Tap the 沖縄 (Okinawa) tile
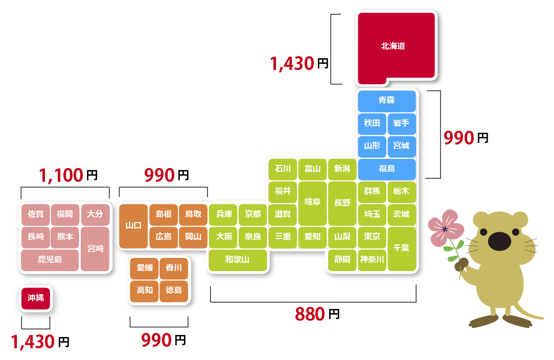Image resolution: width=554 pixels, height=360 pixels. (36, 298)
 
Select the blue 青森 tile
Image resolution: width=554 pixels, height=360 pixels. (386, 101)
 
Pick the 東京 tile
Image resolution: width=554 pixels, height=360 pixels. (372, 237)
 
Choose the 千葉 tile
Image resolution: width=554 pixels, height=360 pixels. (402, 249)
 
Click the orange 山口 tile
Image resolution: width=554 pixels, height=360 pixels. (133, 226)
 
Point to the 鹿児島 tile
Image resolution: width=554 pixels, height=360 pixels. (50, 260)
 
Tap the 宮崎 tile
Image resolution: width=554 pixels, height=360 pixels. (95, 249)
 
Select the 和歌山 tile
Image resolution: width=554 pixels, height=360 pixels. (238, 260)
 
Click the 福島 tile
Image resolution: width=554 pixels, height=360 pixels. (386, 169)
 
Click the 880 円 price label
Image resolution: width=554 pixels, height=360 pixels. (317, 314)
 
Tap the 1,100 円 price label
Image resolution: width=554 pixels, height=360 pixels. (68, 176)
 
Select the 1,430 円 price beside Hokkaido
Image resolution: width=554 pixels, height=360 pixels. (299, 64)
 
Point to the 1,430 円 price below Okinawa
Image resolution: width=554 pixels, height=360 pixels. (40, 342)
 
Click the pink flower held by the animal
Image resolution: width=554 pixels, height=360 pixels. (446, 228)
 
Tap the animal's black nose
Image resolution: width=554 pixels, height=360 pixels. (500, 242)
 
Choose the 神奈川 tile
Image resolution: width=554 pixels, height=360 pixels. (372, 260)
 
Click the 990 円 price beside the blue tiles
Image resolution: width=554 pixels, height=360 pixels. (466, 138)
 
